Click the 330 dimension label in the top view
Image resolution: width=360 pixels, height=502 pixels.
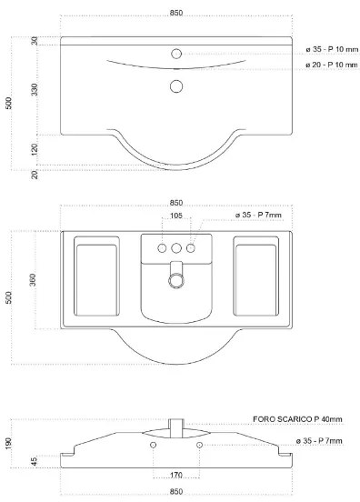click(35, 89)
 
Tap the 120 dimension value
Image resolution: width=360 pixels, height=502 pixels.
click(35, 149)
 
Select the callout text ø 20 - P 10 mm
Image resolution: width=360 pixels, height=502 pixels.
click(332, 65)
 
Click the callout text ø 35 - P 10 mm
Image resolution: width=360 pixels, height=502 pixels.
click(332, 49)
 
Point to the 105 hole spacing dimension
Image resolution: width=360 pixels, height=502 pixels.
click(176, 216)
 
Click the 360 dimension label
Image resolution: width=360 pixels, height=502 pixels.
click(33, 280)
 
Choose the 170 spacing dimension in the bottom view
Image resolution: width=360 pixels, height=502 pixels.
click(176, 475)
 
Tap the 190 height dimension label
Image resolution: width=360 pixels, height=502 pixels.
click(8, 443)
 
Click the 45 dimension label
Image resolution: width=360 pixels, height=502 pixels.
click(35, 461)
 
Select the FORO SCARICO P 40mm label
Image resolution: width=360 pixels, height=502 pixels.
click(297, 419)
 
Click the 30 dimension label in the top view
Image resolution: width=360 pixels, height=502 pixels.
click(35, 41)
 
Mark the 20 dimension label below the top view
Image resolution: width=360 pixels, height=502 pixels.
click(35, 175)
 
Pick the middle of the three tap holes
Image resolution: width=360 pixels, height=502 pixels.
click(176, 248)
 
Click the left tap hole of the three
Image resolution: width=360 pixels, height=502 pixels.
click(162, 248)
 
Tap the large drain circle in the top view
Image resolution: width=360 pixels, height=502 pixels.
click(176, 86)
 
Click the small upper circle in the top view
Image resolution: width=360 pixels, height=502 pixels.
click(176, 54)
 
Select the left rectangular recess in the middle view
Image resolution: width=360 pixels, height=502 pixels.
click(96, 276)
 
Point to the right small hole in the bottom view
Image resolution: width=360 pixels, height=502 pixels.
click(199, 445)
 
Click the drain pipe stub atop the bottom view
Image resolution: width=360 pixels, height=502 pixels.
click(176, 428)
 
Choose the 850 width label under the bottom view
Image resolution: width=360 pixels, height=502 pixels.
click(176, 491)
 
